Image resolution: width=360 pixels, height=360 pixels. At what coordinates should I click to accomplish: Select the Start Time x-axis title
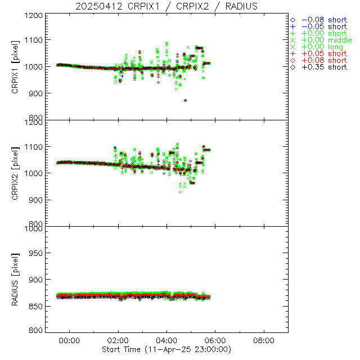coord(166,349)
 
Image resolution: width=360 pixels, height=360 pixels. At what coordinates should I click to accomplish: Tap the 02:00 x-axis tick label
coord(118,340)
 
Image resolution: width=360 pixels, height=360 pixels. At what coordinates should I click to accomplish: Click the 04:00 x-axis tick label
coord(166,340)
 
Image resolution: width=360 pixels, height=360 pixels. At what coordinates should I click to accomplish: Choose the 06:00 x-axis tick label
coord(215,340)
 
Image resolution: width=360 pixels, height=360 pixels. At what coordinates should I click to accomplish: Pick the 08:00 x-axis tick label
coord(264,340)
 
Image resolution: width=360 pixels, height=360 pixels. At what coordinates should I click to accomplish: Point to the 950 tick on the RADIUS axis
coord(36,253)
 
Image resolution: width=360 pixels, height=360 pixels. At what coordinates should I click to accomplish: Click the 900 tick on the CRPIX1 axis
coord(36,93)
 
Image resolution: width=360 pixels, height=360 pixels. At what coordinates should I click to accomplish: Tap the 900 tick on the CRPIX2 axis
coord(36,200)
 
